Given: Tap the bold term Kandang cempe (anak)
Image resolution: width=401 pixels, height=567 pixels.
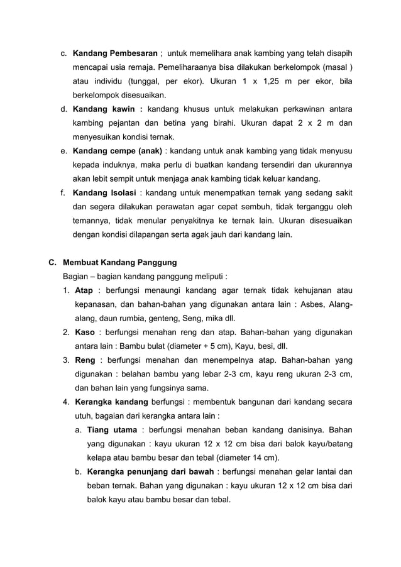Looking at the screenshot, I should pos(118,151).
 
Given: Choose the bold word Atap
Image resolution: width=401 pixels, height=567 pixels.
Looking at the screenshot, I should pos(84,290).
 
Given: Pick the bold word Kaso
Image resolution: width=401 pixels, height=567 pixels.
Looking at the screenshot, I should pos(85,332).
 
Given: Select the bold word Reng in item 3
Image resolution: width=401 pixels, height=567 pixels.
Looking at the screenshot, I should pos(85,360).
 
